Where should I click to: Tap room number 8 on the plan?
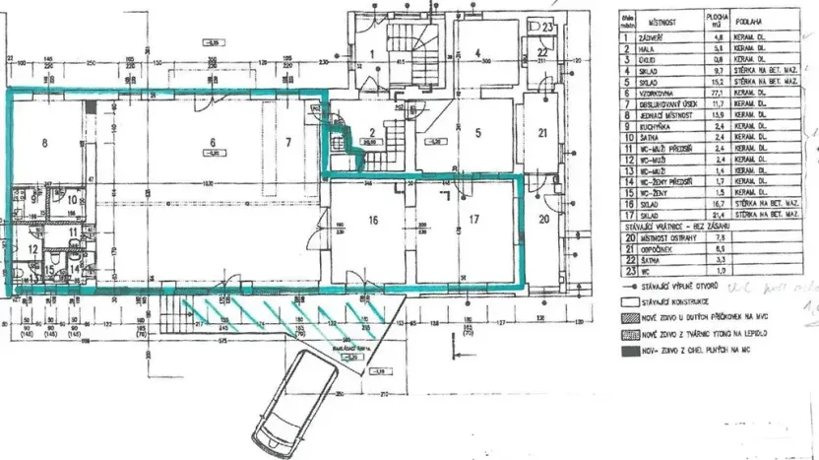tap(43, 143)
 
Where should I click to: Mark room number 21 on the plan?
tap(542, 133)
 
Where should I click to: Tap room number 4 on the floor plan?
tap(476, 53)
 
